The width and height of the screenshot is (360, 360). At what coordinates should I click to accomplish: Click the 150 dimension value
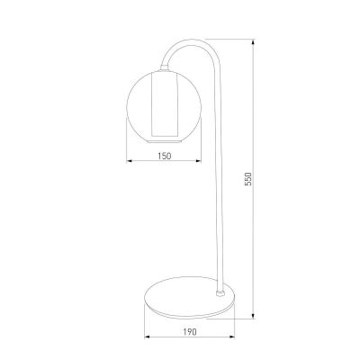coord(165,156)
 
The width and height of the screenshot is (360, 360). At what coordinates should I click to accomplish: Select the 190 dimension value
coord(190,332)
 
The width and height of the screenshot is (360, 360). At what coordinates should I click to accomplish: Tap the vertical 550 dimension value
coord(248,179)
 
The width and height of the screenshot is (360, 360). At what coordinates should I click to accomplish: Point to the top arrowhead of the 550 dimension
coord(254,42)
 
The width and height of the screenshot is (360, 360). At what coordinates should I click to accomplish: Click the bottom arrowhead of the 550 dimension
coord(254,316)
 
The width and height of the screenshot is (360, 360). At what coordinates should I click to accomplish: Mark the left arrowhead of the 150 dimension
coord(130,161)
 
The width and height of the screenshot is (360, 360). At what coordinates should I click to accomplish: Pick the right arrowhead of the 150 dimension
coord(198,161)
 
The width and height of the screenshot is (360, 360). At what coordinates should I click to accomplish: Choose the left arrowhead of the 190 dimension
coord(148,337)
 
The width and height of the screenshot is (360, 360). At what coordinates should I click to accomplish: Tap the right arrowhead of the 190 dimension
coord(232,337)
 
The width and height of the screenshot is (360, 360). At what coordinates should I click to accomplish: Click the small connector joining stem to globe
coord(164,67)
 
